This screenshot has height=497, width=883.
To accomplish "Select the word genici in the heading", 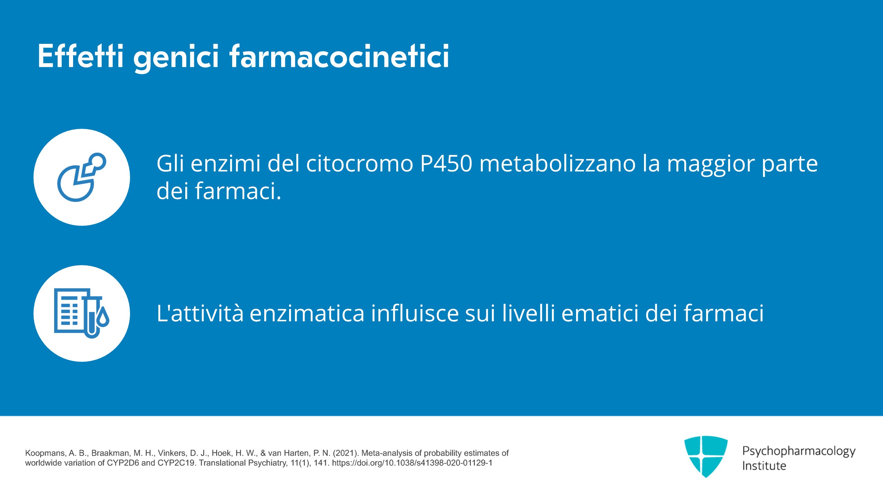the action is pyautogui.click(x=176, y=58).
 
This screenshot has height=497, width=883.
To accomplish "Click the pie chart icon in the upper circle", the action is pyautogui.click(x=82, y=177).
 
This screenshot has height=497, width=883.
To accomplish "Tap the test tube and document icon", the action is pyautogui.click(x=82, y=313).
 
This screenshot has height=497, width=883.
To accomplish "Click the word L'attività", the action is pyautogui.click(x=200, y=313).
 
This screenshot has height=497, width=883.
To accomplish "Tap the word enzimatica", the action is pyautogui.click(x=307, y=313).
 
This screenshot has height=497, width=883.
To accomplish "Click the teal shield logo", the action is pyautogui.click(x=706, y=457).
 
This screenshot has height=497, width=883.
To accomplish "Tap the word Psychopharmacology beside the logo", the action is pyautogui.click(x=799, y=451).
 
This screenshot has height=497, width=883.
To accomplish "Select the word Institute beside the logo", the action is pyautogui.click(x=764, y=466).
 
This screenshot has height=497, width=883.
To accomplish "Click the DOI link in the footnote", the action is pyautogui.click(x=412, y=463).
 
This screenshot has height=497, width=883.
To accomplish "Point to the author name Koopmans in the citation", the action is pyautogui.click(x=45, y=453).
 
